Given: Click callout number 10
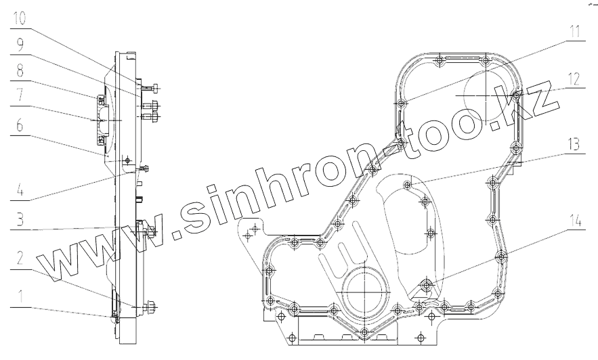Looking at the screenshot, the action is pyautogui.click(x=19, y=18).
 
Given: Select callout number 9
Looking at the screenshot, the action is pyautogui.click(x=20, y=45).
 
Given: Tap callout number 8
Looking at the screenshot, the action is pyautogui.click(x=20, y=70).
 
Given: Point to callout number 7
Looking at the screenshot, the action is pyautogui.click(x=20, y=95).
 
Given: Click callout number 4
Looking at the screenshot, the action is pyautogui.click(x=20, y=189).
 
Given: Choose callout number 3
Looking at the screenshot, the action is pyautogui.click(x=20, y=219).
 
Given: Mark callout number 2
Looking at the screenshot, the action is pyautogui.click(x=20, y=258).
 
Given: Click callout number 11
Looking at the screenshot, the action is pyautogui.click(x=574, y=32).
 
